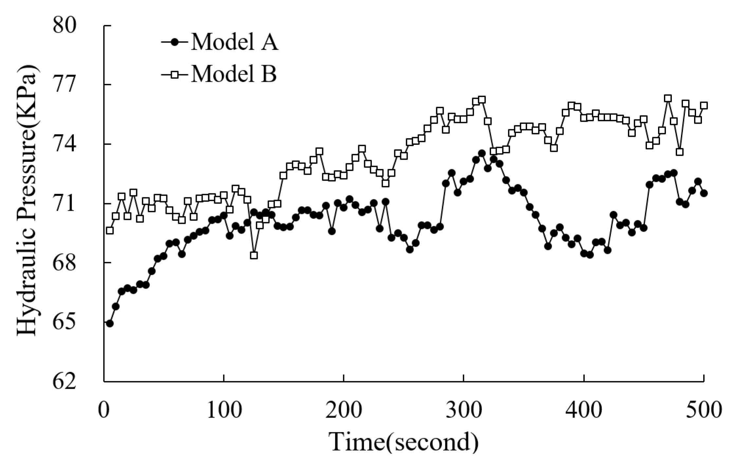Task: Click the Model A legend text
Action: (234, 42)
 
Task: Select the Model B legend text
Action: (233, 74)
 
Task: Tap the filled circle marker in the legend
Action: (175, 42)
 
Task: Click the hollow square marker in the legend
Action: (175, 74)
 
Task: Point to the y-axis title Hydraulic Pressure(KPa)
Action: (27, 201)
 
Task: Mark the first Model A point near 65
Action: (110, 323)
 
